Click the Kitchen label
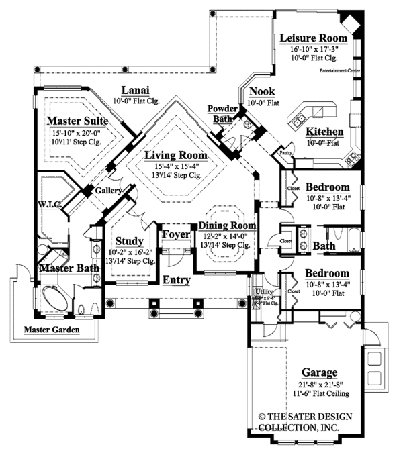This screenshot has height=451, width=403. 325,132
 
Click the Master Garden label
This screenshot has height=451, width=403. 52,330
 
